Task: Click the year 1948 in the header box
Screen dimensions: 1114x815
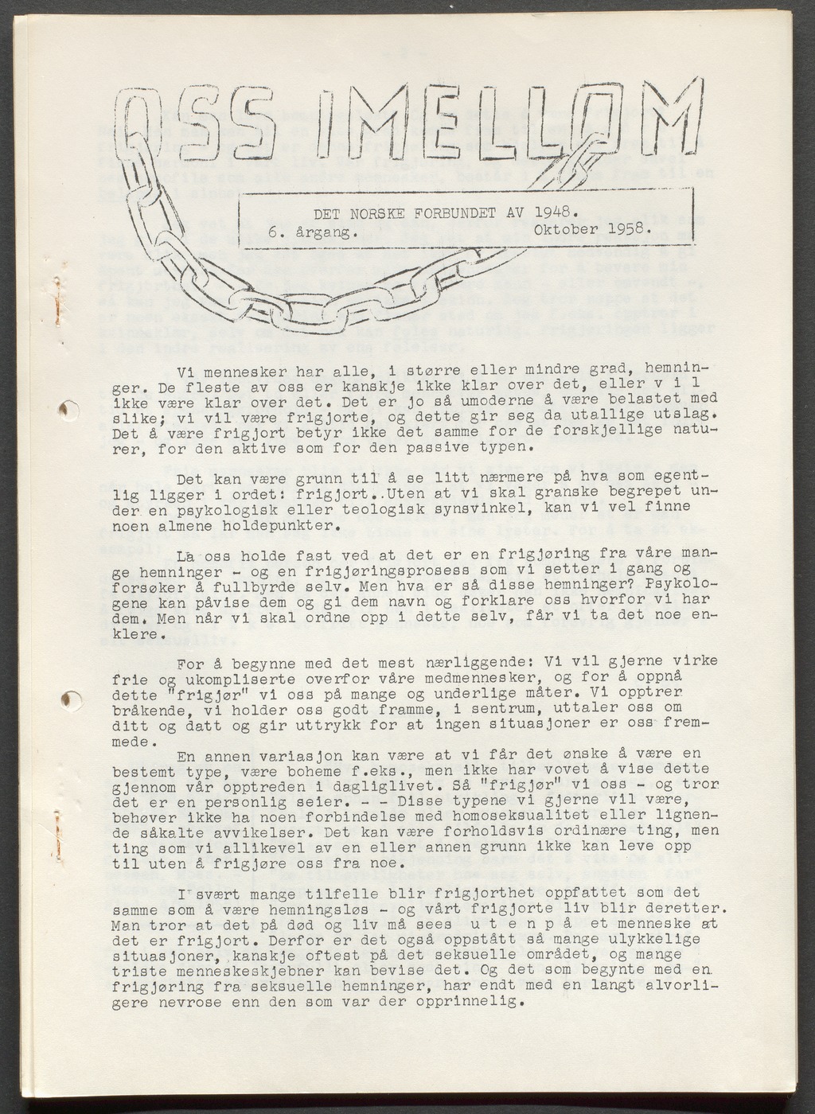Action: pyautogui.click(x=552, y=213)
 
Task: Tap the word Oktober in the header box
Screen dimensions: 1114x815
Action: pyautogui.click(x=566, y=231)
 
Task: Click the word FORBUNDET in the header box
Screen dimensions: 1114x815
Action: pyautogui.click(x=453, y=214)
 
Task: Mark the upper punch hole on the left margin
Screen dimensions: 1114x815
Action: pyautogui.click(x=69, y=409)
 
